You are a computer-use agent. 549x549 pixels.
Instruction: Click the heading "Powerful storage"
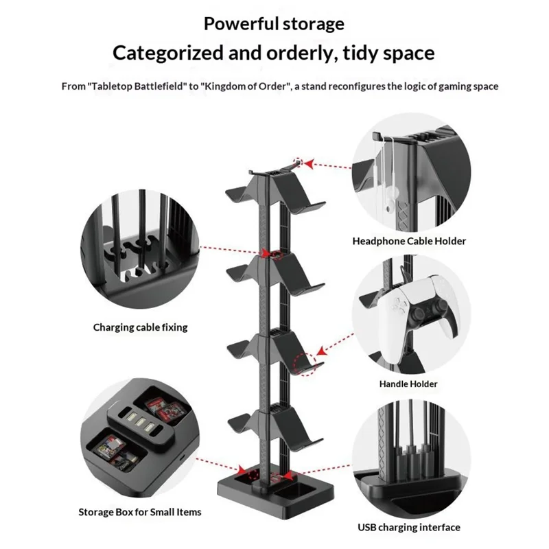pyautogui.click(x=274, y=24)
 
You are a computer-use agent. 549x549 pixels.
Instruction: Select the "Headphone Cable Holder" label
pyautogui.click(x=409, y=241)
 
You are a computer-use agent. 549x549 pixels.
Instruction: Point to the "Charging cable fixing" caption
pyautogui.click(x=140, y=327)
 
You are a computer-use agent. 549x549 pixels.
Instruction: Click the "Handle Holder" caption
pyautogui.click(x=408, y=384)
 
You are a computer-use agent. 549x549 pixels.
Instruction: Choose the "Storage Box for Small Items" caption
pyautogui.click(x=140, y=512)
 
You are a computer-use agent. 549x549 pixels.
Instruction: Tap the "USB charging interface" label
pyautogui.click(x=409, y=528)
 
